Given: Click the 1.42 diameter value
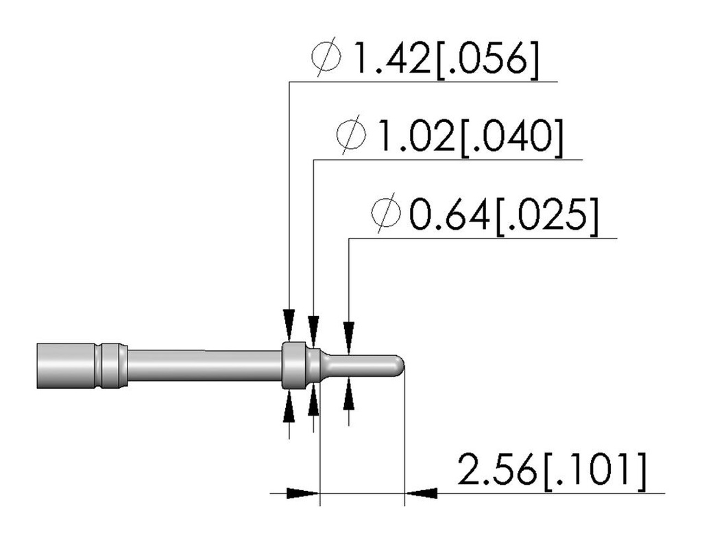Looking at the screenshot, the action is [x=391, y=59].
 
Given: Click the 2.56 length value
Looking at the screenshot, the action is [x=496, y=470].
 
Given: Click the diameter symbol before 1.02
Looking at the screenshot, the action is [x=352, y=135].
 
